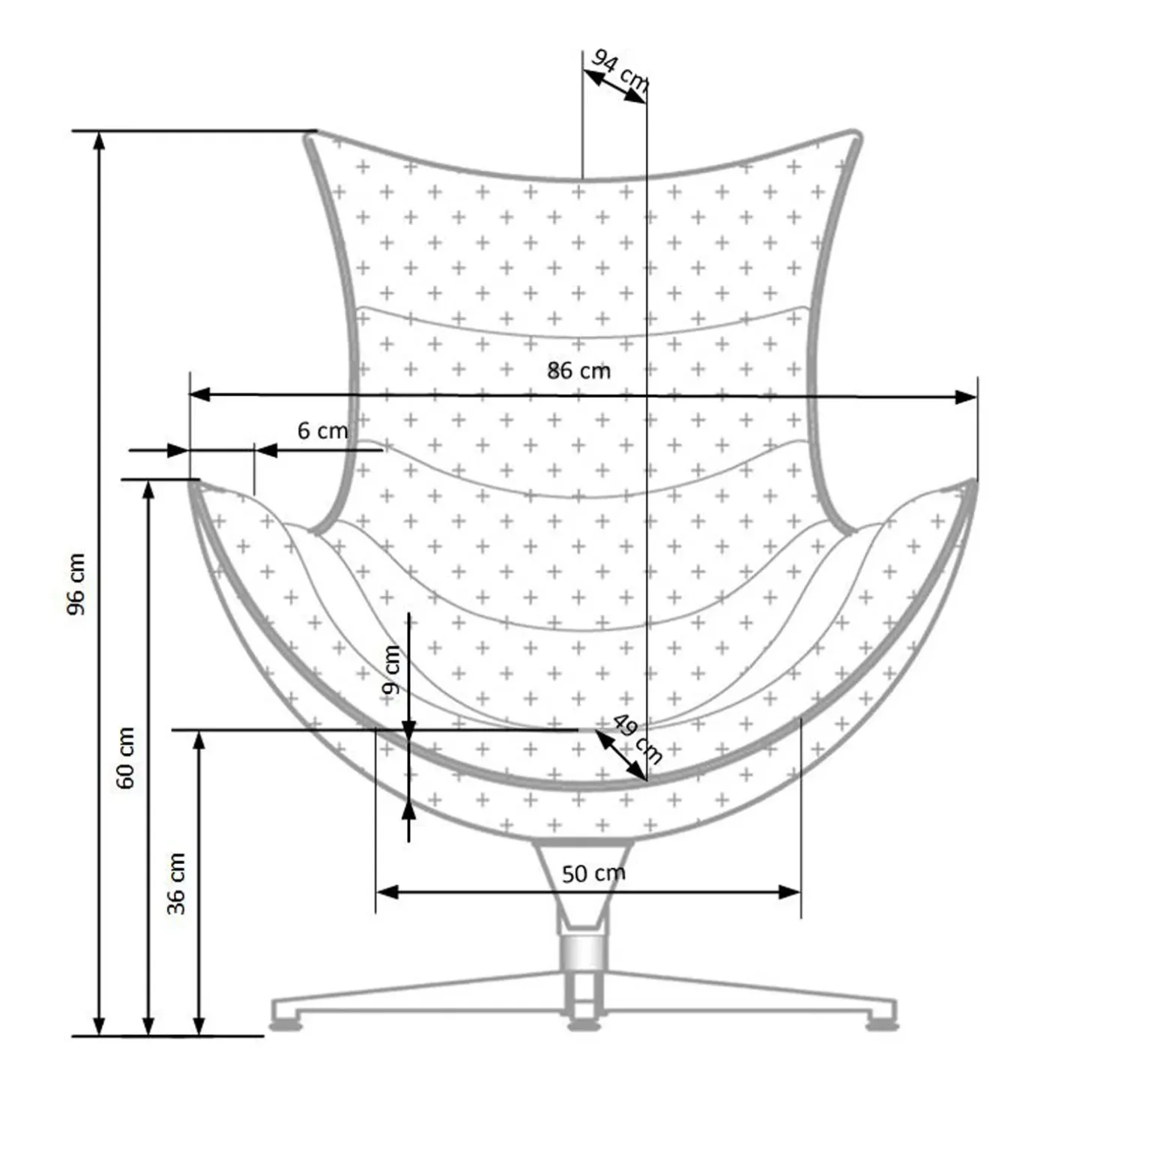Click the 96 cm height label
(x=77, y=584)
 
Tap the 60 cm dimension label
(x=126, y=758)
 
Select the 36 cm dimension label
(x=176, y=883)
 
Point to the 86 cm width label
(x=578, y=370)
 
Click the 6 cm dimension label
(x=323, y=431)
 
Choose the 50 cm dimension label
(x=593, y=873)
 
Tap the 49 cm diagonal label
(x=638, y=738)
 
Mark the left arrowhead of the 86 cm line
(x=199, y=395)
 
